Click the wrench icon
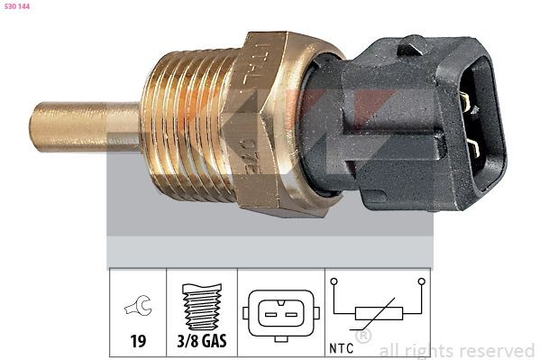click(x=138, y=308)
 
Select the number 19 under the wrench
click(x=138, y=343)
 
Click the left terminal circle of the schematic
click(x=334, y=282)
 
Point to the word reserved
click(x=497, y=350)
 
